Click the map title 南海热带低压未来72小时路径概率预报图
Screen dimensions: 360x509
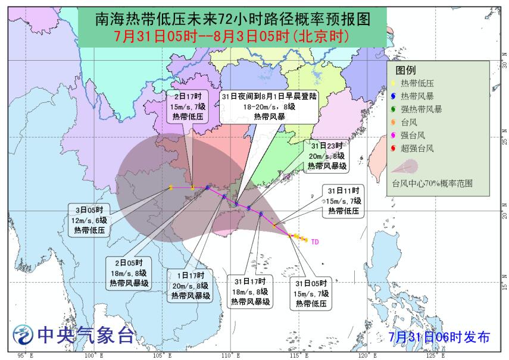coord(232,18)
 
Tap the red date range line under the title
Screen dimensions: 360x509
coord(232,36)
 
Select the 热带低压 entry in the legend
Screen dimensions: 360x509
coord(417,83)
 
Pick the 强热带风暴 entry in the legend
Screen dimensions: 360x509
coord(421,109)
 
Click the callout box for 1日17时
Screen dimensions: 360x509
coord(189,286)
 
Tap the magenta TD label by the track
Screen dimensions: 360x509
coord(315,242)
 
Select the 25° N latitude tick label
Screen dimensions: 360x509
coord(504,140)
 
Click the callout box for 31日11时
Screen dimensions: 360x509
coord(345,201)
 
